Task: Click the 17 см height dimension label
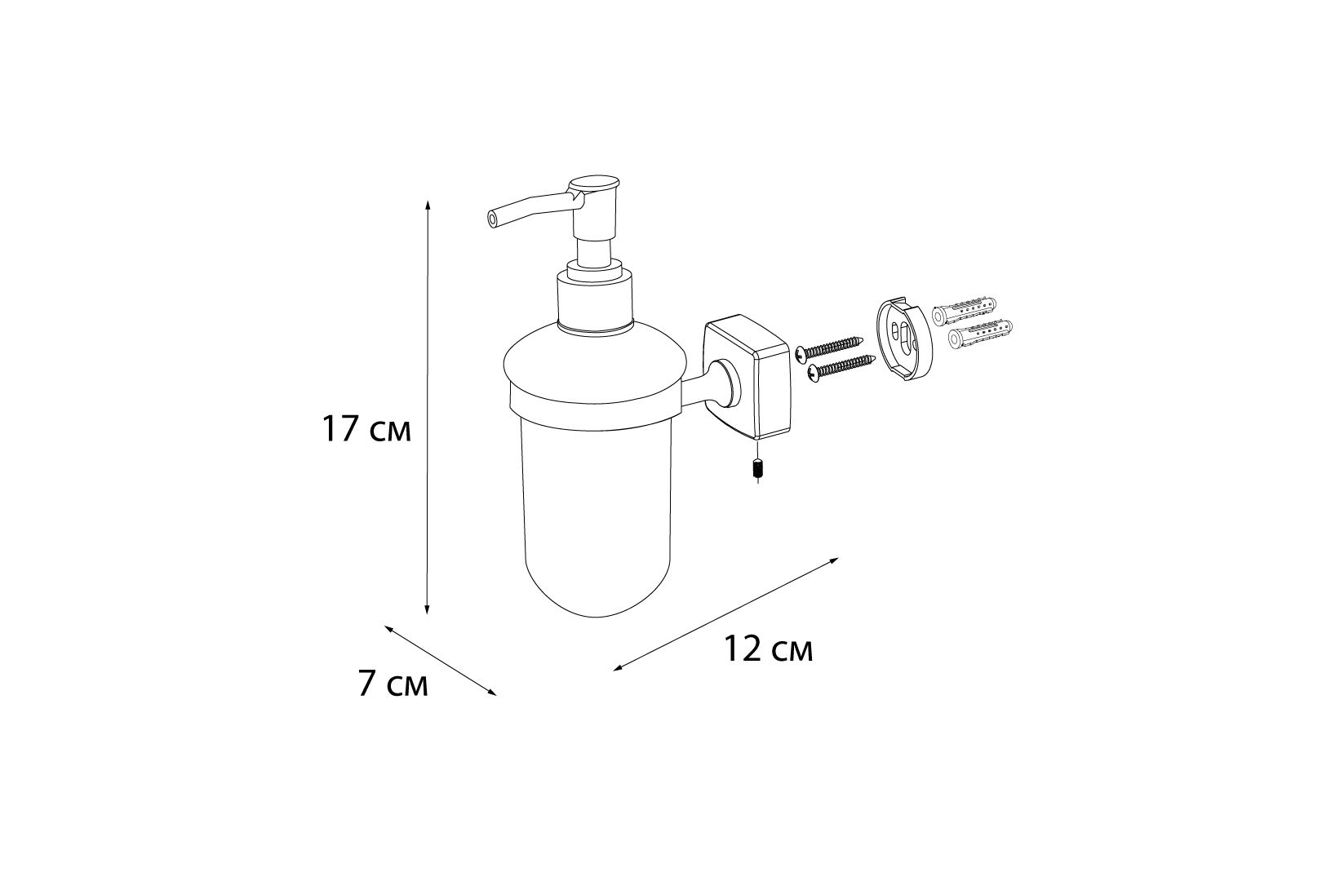tap(366, 429)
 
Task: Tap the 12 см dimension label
tap(769, 649)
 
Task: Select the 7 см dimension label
tap(393, 684)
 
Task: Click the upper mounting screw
tap(830, 348)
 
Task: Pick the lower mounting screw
tap(841, 366)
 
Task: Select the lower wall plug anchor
tap(980, 334)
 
